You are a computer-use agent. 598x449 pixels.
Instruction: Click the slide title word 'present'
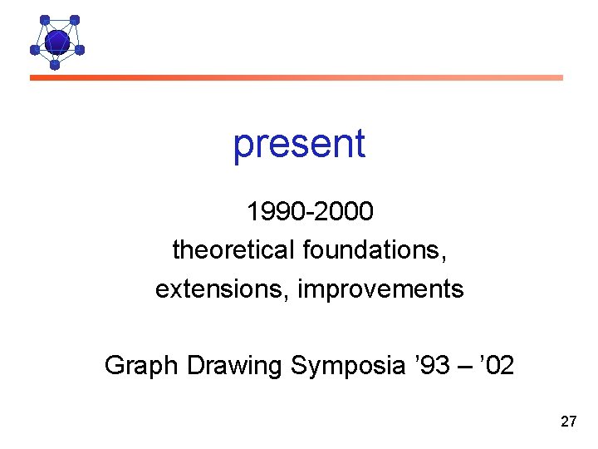click(x=299, y=144)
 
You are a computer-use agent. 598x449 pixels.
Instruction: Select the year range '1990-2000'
click(x=310, y=212)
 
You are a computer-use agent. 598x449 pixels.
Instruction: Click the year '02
click(x=496, y=365)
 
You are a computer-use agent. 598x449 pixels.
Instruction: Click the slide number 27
click(x=568, y=422)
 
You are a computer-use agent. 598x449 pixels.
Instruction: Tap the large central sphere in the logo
click(x=56, y=40)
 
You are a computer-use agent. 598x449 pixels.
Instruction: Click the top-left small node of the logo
click(x=45, y=20)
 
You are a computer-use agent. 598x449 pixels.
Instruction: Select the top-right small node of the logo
click(x=75, y=20)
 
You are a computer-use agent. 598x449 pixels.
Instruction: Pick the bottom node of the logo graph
click(x=55, y=64)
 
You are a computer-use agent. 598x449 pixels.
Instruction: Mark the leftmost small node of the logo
click(x=35, y=50)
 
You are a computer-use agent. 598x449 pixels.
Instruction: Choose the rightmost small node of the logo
click(x=80, y=50)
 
